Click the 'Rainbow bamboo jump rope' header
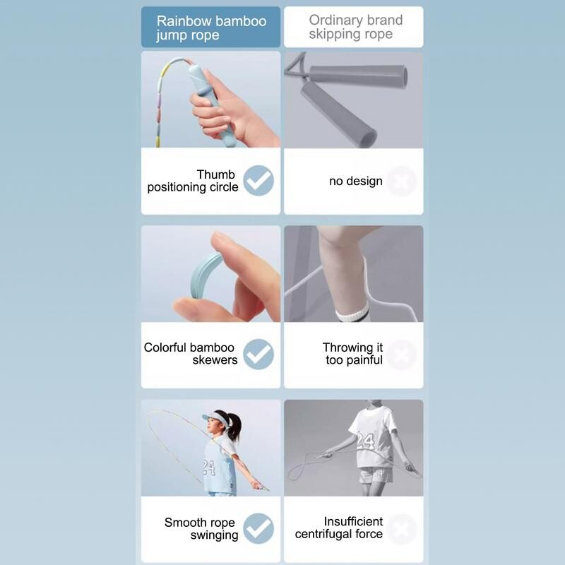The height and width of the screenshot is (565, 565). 211,28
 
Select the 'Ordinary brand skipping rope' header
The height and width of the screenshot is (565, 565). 355,27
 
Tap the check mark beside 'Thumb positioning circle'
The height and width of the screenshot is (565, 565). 258,181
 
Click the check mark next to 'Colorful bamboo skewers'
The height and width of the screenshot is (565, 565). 258,355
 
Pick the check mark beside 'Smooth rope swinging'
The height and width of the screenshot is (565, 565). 258,528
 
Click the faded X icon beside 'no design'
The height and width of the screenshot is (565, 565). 402,181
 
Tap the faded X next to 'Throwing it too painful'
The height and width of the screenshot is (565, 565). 402,355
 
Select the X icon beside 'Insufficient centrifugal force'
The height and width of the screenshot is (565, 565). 402,529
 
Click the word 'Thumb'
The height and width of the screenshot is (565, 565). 216,174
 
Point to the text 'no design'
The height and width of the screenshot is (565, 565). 356,181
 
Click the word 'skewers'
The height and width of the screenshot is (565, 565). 215,360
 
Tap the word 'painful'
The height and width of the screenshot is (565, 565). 364,360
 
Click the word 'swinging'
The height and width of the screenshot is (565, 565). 215,535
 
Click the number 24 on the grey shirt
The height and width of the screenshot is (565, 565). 365,441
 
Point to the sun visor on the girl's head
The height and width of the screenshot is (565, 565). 215,419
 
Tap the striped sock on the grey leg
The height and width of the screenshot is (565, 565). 352,313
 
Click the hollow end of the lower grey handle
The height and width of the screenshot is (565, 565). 368,138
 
